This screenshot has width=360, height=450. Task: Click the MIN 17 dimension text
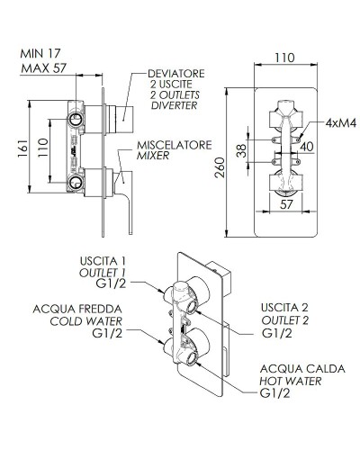[40, 52]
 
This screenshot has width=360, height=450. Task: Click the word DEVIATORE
[165, 73]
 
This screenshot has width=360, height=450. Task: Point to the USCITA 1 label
[105, 261]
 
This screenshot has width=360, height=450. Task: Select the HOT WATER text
[292, 382]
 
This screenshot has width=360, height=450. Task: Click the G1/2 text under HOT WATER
[276, 394]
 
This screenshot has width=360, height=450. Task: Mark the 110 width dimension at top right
[284, 56]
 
